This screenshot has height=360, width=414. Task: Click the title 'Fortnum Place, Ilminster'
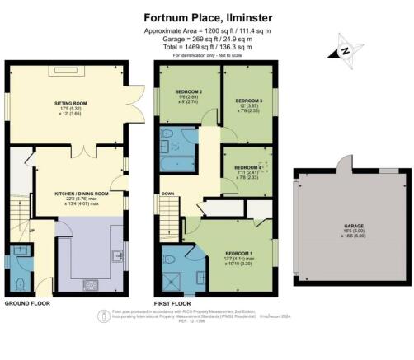[x=206, y=16]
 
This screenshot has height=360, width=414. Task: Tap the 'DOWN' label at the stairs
[x=169, y=194]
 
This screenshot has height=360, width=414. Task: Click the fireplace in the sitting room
[x=65, y=72]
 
